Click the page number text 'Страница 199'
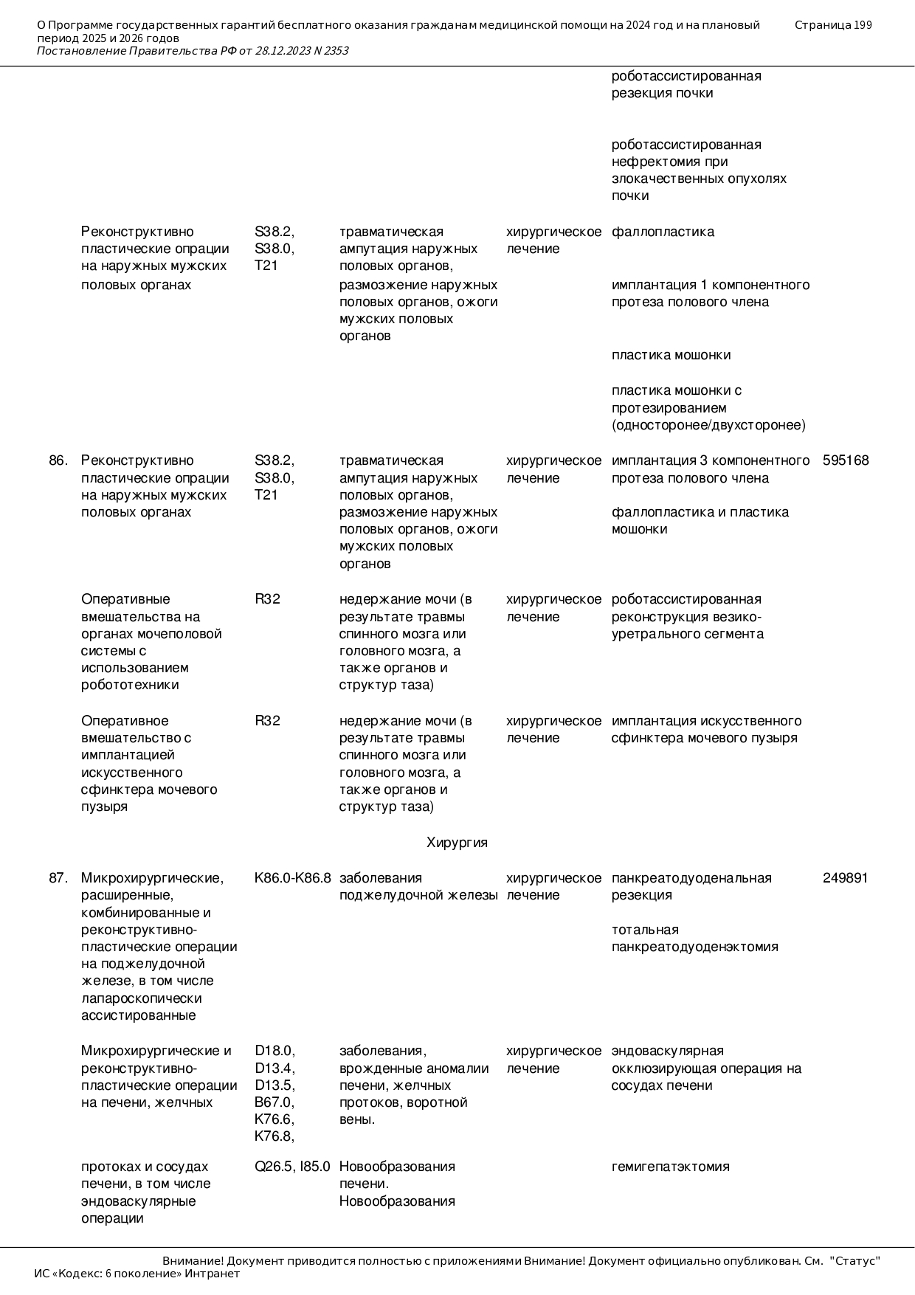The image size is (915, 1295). point(833,25)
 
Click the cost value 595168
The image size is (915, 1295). point(846,460)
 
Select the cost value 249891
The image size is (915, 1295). point(845,878)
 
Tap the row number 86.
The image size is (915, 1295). point(58,460)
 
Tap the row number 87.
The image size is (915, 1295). point(58,878)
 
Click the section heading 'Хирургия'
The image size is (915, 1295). point(457,843)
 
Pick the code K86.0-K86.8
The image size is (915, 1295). point(292,878)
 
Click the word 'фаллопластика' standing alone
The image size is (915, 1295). point(663,232)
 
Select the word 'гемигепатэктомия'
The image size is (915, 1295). point(670,1167)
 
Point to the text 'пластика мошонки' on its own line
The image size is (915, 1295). point(671,355)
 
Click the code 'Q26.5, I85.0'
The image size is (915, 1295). point(292,1167)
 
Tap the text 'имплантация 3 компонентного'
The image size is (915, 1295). point(710,460)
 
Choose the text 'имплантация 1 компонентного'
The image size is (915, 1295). point(710,285)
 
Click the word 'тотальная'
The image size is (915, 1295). point(645,930)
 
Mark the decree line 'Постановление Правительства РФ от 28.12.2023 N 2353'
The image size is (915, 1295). point(193,51)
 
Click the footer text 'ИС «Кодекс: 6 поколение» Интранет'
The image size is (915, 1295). point(137,1274)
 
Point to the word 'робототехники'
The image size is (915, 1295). point(130,685)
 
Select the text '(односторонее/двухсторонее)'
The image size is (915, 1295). point(708,425)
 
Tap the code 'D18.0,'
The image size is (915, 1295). point(274,1051)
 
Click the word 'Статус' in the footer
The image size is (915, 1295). point(855,1261)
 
